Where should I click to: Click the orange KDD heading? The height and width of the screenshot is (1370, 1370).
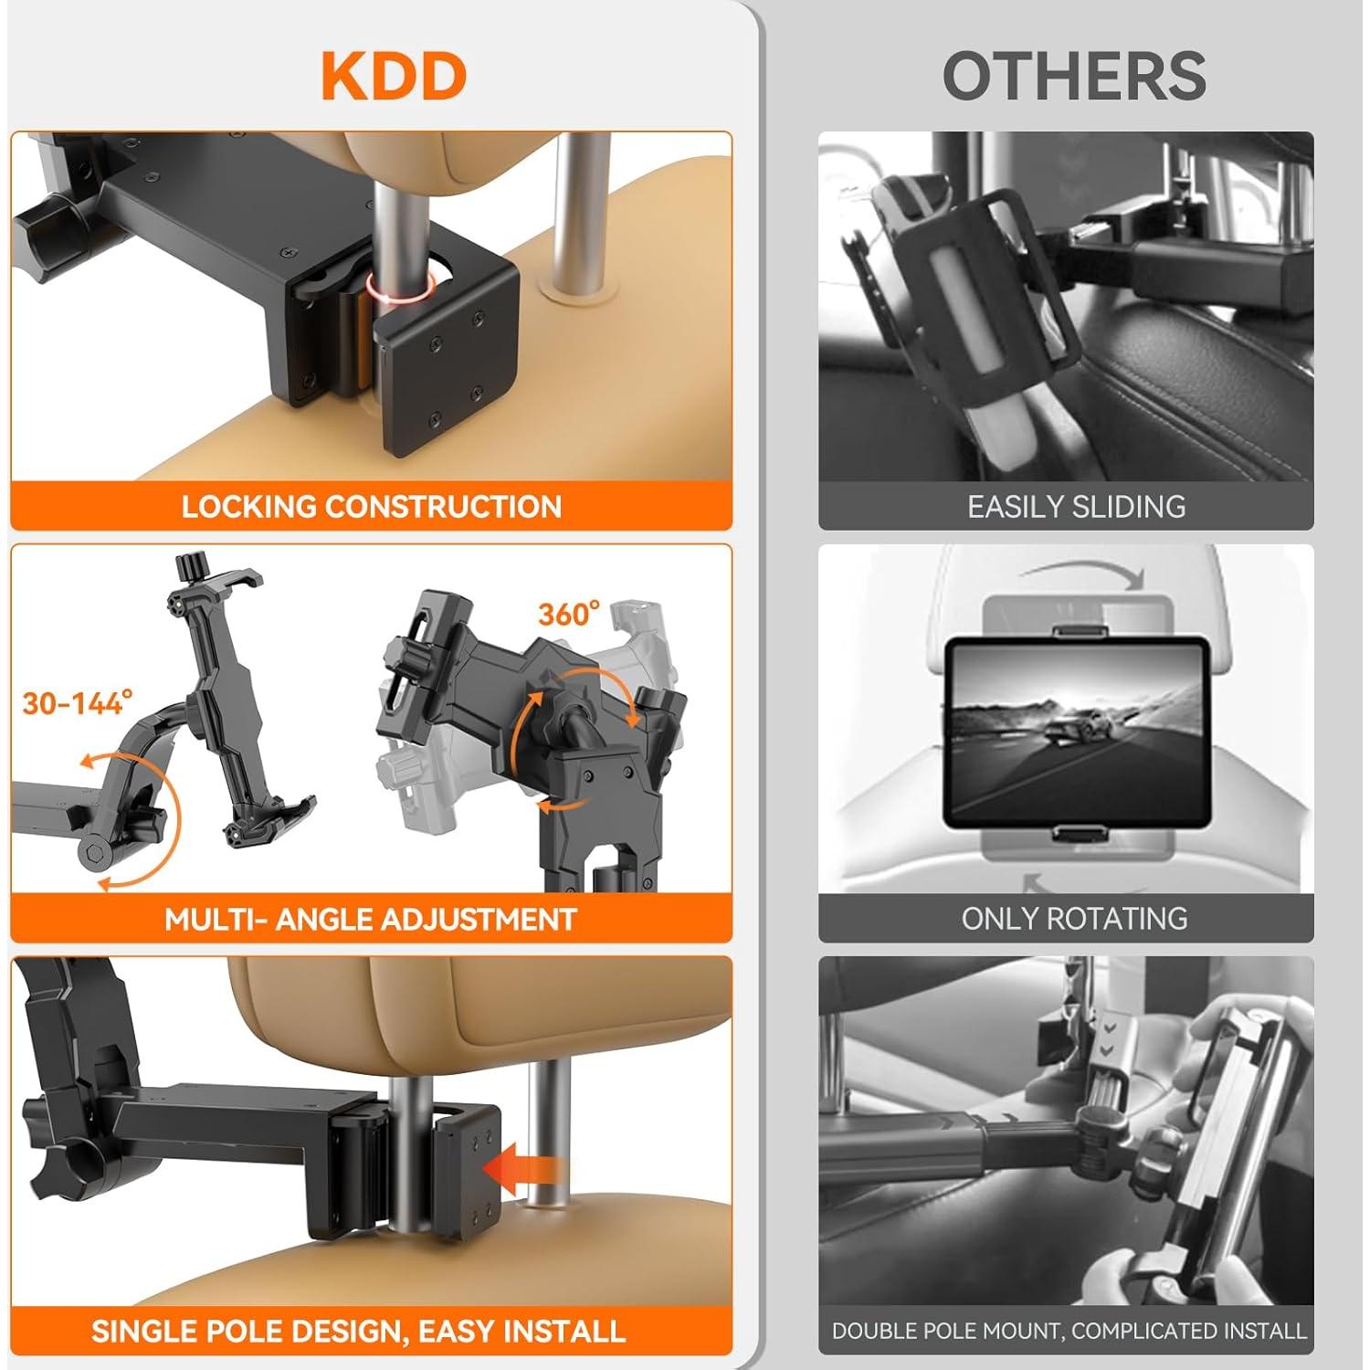click(x=394, y=77)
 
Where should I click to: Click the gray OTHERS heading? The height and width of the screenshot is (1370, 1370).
click(x=1074, y=77)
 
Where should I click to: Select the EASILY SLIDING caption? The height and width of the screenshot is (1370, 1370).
click(x=1076, y=507)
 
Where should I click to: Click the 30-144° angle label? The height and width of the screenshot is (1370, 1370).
click(x=78, y=702)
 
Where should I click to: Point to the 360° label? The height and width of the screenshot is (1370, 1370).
click(x=568, y=615)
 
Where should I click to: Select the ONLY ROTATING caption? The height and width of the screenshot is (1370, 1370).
click(x=1074, y=919)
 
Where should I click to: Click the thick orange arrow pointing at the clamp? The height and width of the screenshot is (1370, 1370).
click(x=520, y=1168)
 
